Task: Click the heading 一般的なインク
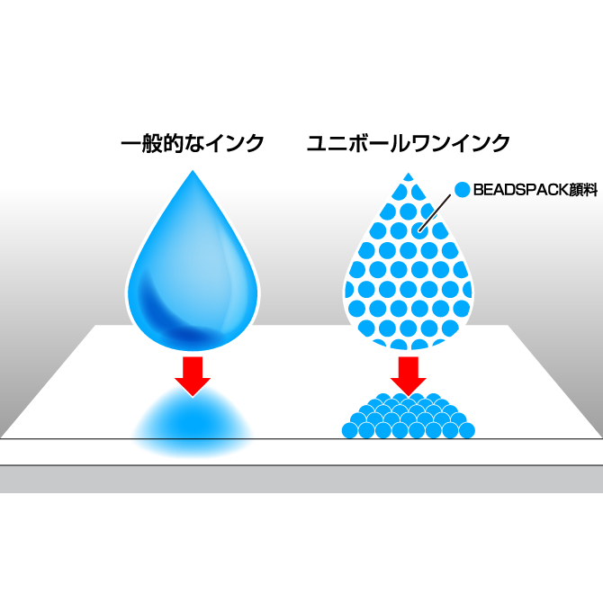pos(193,143)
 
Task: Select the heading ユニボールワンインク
pos(409,143)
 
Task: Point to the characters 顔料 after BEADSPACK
pos(578,191)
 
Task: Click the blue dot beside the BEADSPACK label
pos(463,190)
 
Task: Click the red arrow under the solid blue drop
pos(193,374)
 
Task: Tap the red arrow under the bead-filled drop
pos(409,374)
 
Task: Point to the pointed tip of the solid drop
pos(193,174)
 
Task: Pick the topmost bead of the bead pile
pos(409,398)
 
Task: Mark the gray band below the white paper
pos(301,479)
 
